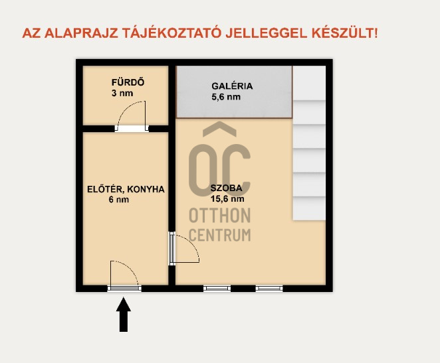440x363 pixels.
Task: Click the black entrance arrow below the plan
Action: coord(124,315)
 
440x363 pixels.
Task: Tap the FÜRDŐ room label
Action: coord(128,83)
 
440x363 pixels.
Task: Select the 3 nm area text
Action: coord(122,94)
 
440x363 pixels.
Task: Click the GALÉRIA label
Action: coord(232,86)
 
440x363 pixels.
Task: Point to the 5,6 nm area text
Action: coord(226,97)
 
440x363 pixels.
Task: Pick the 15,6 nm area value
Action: coord(227,198)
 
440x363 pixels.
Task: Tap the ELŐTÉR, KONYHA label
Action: coord(126,189)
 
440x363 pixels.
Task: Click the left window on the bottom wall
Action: coord(217,288)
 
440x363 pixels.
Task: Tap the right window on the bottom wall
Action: coord(269,288)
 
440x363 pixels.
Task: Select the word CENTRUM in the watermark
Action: coord(220,234)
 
